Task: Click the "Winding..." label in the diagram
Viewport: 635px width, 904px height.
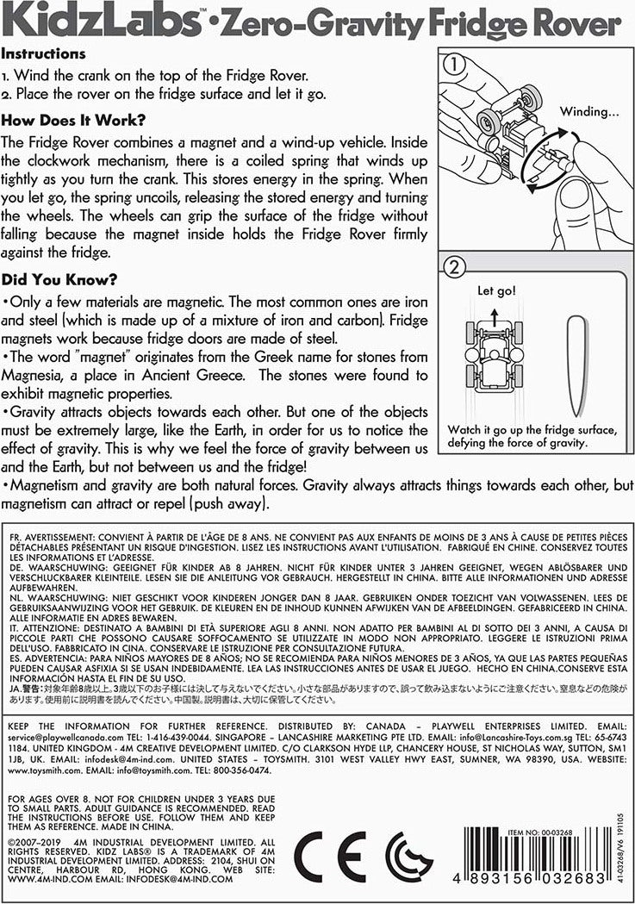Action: click(589, 111)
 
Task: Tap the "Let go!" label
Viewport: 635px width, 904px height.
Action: click(498, 292)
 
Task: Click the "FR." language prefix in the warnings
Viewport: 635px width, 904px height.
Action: click(15, 538)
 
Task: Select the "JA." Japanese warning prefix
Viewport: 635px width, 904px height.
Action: click(15, 689)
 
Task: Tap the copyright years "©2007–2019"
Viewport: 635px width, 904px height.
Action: click(39, 842)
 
